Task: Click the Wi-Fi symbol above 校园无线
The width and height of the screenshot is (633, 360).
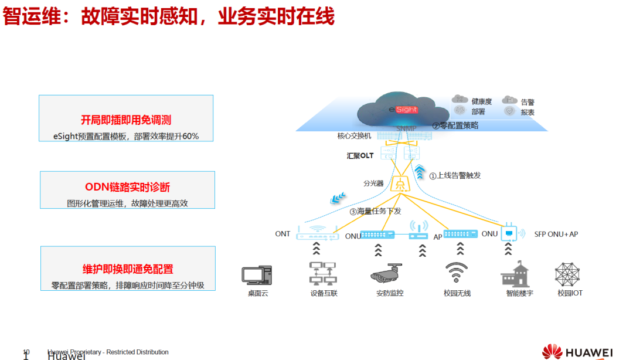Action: pyautogui.click(x=457, y=273)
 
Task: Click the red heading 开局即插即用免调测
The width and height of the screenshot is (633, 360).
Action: pyautogui.click(x=126, y=120)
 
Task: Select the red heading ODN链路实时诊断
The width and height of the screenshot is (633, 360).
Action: pyautogui.click(x=127, y=187)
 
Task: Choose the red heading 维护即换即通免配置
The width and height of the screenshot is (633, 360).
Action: pyautogui.click(x=128, y=269)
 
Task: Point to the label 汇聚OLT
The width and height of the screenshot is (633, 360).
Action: pyautogui.click(x=360, y=156)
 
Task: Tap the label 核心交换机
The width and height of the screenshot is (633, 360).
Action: pyautogui.click(x=354, y=136)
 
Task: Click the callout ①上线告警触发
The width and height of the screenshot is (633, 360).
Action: pyautogui.click(x=455, y=175)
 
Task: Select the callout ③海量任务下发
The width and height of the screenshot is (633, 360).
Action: pyautogui.click(x=375, y=211)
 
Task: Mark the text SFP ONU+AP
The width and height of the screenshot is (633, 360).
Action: pyautogui.click(x=556, y=234)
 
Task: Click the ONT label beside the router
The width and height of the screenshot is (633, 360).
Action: pyautogui.click(x=283, y=234)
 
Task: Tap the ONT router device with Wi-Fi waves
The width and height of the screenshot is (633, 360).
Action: pyautogui.click(x=317, y=234)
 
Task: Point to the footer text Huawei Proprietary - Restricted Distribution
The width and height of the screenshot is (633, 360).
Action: pyautogui.click(x=108, y=352)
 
